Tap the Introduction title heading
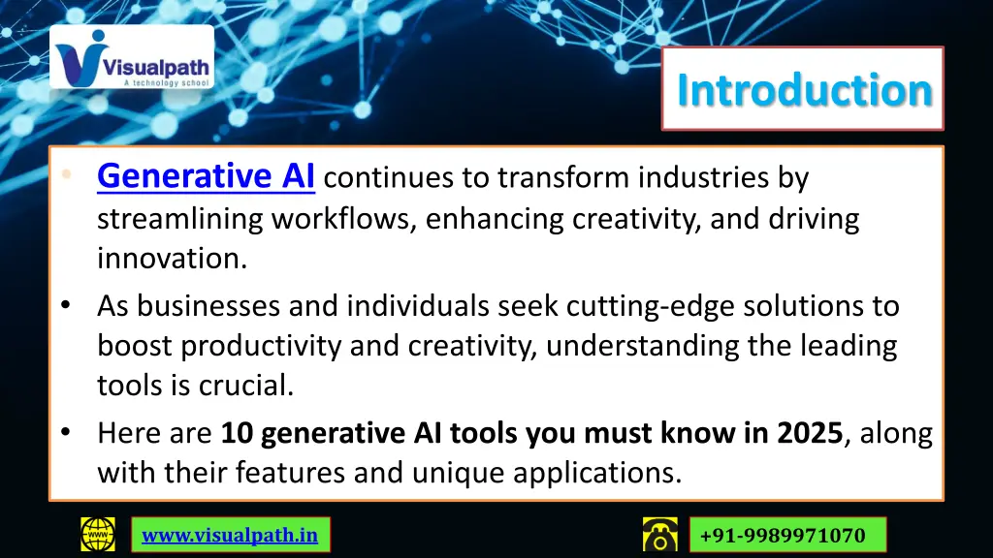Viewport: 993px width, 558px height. [x=804, y=90]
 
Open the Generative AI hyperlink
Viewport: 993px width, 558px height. [x=206, y=176]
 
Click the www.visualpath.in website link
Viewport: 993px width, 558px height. [x=230, y=535]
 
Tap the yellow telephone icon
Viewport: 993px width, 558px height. [x=659, y=535]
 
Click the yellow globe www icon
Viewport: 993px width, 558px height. [x=97, y=535]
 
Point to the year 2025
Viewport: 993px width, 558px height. [x=809, y=433]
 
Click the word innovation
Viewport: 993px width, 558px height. [x=169, y=259]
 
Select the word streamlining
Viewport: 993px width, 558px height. [x=179, y=219]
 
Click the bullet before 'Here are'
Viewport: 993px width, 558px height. [x=64, y=433]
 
